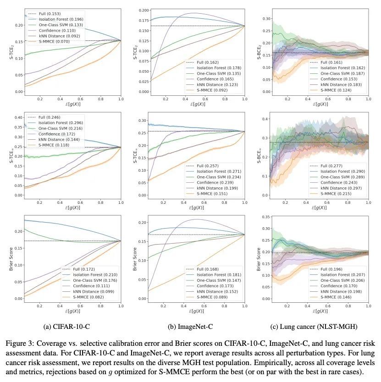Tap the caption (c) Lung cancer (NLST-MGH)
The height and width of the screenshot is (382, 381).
pos(315,326)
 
